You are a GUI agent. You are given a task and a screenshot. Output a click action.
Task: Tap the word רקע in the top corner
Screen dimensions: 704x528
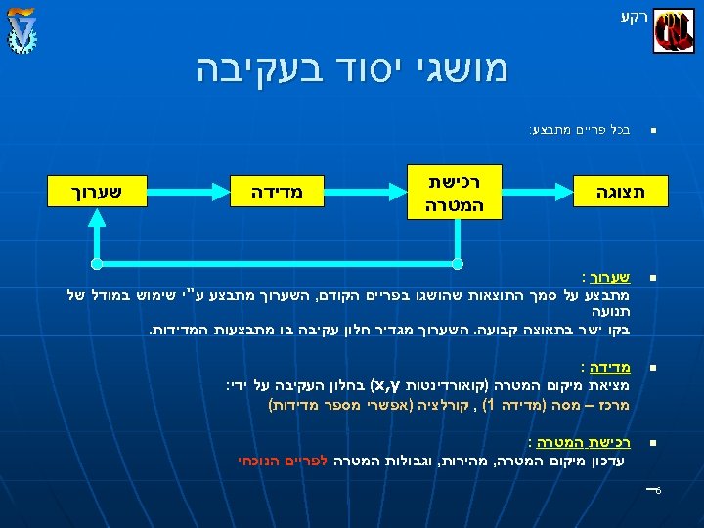pos(634,16)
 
